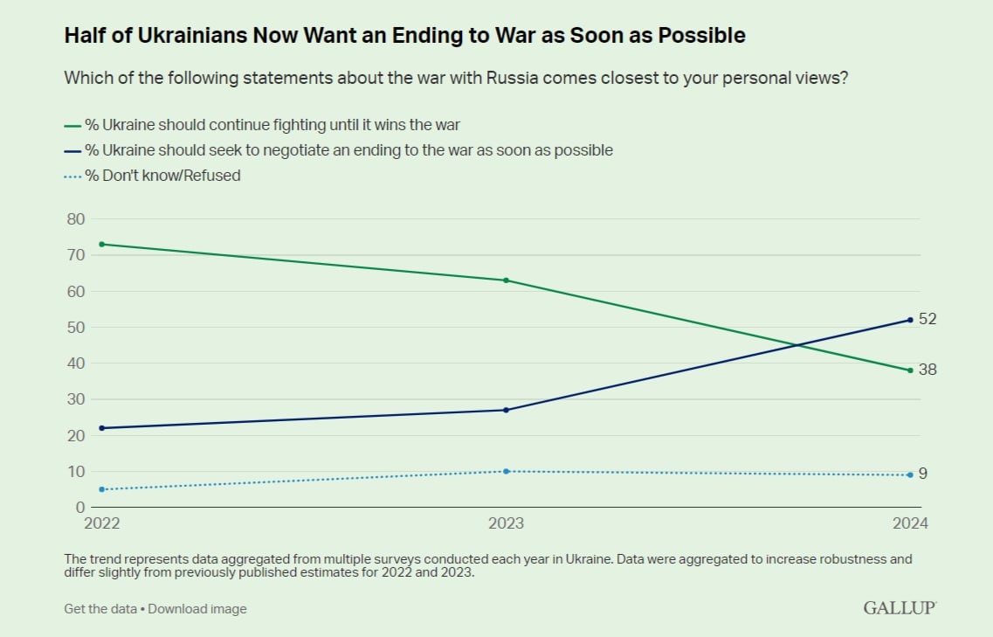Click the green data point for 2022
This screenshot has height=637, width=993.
[102, 244]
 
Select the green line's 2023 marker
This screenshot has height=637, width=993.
[506, 280]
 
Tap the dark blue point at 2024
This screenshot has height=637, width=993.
[910, 320]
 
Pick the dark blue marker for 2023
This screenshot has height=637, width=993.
[506, 410]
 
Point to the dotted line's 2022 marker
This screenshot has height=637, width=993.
[102, 489]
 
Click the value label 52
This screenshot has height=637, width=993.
[927, 319]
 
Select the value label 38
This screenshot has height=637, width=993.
[927, 370]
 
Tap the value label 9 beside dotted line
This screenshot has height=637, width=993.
[923, 474]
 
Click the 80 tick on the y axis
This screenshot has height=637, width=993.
[75, 219]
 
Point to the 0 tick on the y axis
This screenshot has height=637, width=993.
[79, 507]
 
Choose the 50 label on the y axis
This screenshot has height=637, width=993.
[75, 328]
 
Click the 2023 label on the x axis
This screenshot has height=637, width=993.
[506, 523]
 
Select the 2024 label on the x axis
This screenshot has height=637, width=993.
[910, 523]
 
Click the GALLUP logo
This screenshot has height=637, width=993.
[900, 608]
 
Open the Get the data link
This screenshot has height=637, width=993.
[100, 608]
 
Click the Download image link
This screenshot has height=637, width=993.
[197, 608]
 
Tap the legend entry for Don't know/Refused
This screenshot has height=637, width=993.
[153, 176]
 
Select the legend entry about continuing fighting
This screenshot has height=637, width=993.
[262, 125]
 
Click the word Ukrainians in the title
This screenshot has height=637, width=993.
[192, 36]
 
